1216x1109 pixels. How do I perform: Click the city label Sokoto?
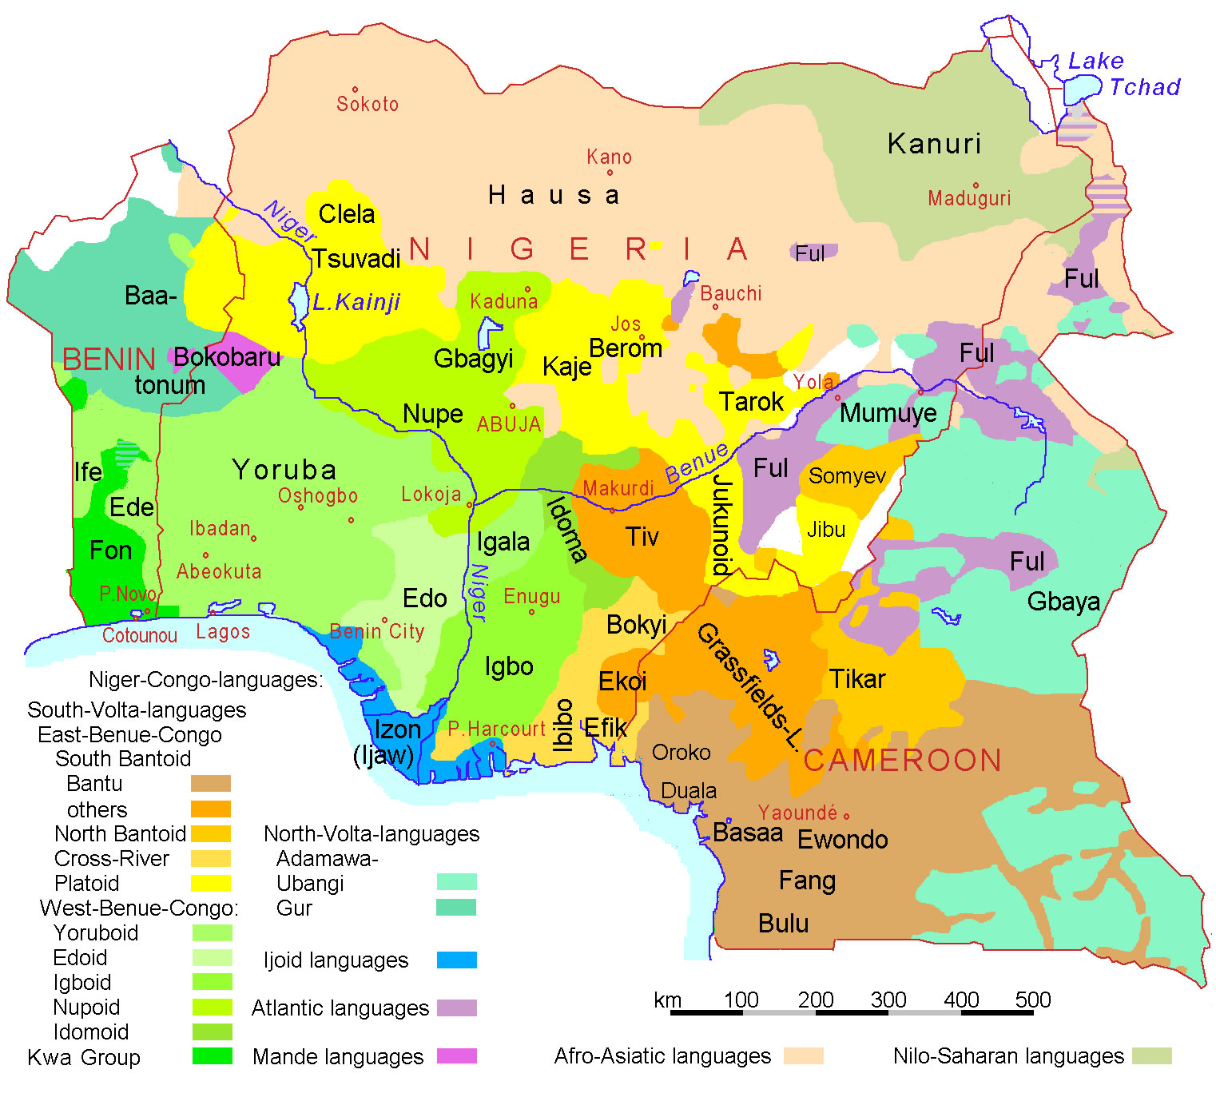(367, 104)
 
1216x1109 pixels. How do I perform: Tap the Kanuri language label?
(934, 144)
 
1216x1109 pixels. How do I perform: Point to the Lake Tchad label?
(1123, 74)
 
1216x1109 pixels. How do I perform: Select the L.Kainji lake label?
(356, 302)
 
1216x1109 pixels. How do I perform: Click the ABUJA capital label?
(509, 424)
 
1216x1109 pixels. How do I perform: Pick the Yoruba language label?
(284, 470)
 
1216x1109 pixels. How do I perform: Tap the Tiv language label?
(642, 537)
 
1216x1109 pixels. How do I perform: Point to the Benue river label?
(696, 463)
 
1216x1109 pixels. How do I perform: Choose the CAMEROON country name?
(902, 761)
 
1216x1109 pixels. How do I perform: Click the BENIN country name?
(109, 360)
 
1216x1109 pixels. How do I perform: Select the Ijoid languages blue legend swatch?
(457, 960)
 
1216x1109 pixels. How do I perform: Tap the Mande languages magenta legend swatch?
(457, 1056)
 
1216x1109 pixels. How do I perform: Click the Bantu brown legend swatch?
(211, 783)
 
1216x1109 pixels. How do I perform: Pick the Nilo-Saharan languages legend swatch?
(1152, 1056)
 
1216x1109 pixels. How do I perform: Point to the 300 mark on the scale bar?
(888, 1000)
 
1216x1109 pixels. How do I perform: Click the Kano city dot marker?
(610, 173)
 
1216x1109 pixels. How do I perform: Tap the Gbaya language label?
(1063, 602)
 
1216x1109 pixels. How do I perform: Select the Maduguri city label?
(968, 198)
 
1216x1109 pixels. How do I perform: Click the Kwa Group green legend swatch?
(213, 1056)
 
